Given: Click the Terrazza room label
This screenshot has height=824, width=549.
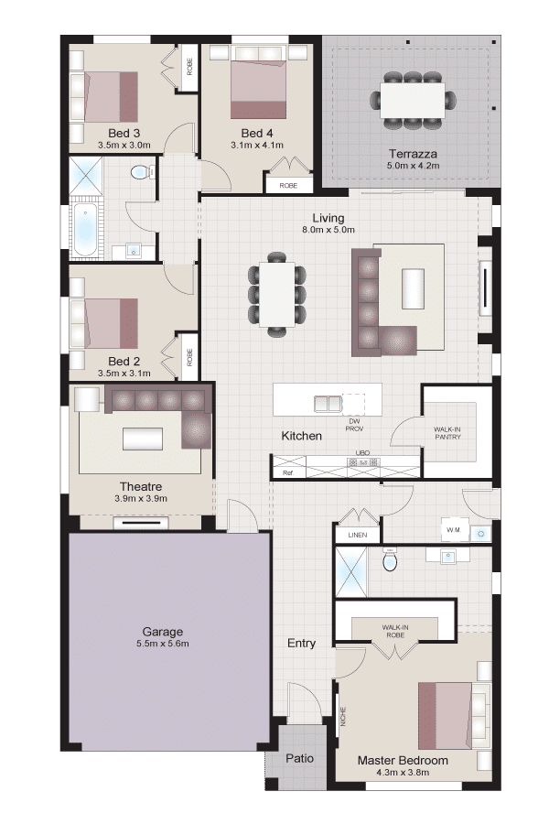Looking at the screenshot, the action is (413, 154).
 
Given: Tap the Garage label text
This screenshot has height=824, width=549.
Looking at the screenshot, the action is (162, 632).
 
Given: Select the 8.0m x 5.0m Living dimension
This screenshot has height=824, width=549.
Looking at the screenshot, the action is (328, 230).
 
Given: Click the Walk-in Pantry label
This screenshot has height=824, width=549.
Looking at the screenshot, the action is (447, 433).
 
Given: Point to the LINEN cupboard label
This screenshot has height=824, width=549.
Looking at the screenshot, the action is (357, 535).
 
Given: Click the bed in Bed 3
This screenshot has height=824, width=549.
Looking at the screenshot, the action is (111, 97).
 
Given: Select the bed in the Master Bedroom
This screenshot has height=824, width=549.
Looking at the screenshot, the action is (445, 716).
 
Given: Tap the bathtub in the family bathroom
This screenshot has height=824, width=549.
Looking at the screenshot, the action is (84, 231).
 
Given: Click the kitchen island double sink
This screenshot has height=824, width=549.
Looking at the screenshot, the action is (328, 404).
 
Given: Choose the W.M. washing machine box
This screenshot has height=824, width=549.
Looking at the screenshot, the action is (454, 530).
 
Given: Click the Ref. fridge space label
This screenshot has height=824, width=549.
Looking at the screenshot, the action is (287, 473).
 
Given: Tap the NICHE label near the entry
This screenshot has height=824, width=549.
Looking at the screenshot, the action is (344, 717).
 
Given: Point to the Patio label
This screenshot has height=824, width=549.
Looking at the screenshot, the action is (299, 758).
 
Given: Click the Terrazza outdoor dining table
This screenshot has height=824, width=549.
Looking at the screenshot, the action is (413, 101).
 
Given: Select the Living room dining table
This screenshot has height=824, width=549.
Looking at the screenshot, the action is (277, 294).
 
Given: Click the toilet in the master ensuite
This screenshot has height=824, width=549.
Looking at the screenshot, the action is (390, 560).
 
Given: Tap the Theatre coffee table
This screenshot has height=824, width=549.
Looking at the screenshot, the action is (143, 439).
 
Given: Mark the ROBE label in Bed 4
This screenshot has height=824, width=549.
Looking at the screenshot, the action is (288, 186).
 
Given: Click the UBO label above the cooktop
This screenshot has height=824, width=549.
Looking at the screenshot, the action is (362, 453).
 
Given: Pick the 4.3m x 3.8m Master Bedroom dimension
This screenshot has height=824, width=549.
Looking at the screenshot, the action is (403, 773).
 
